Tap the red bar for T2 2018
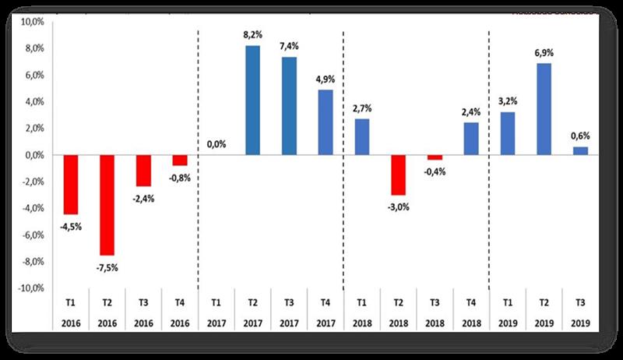(x=398, y=175)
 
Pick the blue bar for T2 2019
(x=543, y=109)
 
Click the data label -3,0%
(x=398, y=207)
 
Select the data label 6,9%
(x=543, y=51)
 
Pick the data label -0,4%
(x=434, y=171)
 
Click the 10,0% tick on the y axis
(x=32, y=22)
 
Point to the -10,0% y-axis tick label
(x=30, y=288)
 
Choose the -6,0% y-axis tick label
(x=32, y=235)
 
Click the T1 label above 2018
(x=361, y=302)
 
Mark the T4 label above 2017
(x=325, y=302)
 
